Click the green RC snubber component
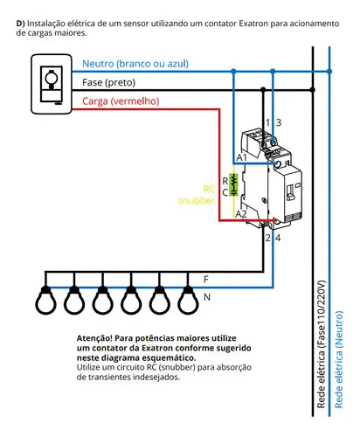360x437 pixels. tap(233, 184)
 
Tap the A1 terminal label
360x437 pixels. tap(241, 157)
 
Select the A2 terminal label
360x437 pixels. tap(241, 214)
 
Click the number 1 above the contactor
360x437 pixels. tap(267, 122)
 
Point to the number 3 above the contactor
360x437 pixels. tap(279, 122)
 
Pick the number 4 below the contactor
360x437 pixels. tap(278, 238)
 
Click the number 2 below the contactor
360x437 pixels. tap(268, 238)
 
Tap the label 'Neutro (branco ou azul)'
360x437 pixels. tap(135, 64)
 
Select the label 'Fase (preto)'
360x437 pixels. tap(108, 83)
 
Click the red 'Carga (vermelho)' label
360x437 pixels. tap(121, 101)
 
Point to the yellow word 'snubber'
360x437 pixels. tap(197, 200)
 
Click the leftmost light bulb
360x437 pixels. tap(45, 300)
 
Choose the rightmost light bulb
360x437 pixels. tap(188, 300)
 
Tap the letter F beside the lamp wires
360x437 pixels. tap(206, 280)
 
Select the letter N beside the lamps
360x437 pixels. tap(207, 297)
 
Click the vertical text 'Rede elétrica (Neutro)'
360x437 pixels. tap(339, 360)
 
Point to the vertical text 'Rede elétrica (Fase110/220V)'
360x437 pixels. tap(321, 344)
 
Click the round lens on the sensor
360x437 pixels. tap(52, 78)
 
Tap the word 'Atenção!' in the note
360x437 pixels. tap(94, 338)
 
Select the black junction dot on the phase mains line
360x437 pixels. tap(313, 90)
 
